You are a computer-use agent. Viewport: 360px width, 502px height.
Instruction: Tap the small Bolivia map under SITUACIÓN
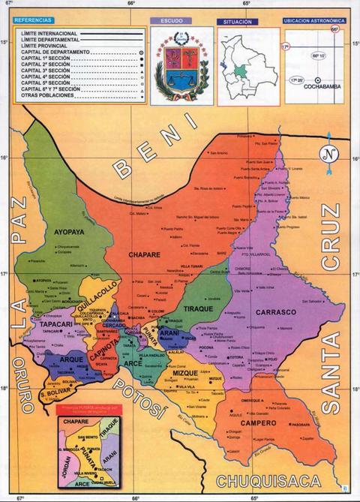pyautogui.click(x=241, y=68)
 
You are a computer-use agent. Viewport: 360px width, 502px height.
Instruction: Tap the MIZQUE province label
pyautogui.click(x=174, y=373)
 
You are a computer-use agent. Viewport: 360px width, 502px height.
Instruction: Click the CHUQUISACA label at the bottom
pyautogui.click(x=268, y=481)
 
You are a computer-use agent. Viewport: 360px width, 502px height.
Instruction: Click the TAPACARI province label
pyautogui.click(x=57, y=323)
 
